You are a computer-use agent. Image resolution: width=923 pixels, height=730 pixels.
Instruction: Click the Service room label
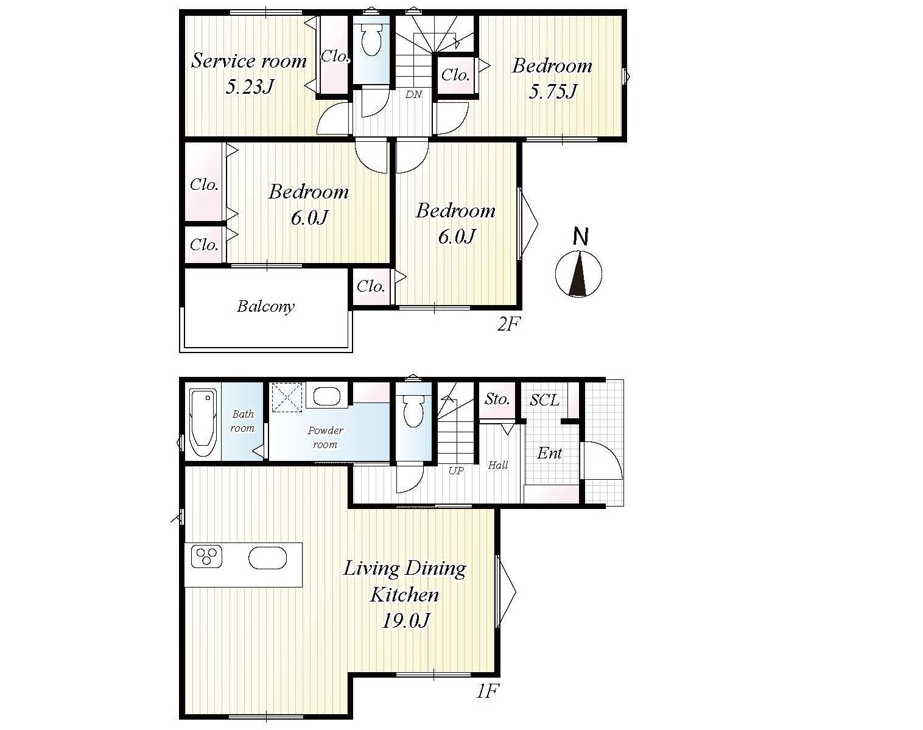(249, 60)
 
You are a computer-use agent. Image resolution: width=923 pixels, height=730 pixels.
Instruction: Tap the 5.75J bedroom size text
(552, 91)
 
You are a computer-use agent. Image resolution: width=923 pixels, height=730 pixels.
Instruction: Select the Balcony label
(266, 306)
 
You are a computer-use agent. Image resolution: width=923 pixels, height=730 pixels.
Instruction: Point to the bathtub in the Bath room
(203, 423)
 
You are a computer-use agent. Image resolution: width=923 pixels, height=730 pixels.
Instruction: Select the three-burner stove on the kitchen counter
(207, 556)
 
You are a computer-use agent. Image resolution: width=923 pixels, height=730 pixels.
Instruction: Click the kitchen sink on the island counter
(268, 558)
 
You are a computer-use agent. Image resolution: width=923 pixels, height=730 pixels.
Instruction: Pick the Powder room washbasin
(327, 396)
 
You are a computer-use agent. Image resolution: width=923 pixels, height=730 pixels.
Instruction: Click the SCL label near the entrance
(545, 400)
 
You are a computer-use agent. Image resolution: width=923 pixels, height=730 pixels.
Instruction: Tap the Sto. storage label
(497, 399)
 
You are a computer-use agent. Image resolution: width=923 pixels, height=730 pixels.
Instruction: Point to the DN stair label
(413, 94)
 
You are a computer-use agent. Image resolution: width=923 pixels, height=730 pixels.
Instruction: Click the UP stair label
(456, 471)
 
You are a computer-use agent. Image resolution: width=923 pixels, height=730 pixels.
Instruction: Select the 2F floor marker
(508, 325)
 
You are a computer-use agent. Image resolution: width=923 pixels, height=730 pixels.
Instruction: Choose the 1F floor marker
(488, 692)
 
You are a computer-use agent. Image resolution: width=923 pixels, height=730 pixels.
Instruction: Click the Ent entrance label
(550, 453)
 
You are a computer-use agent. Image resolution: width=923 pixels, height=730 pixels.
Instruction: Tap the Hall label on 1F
(498, 465)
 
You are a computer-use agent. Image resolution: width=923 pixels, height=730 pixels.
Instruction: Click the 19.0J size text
(405, 620)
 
